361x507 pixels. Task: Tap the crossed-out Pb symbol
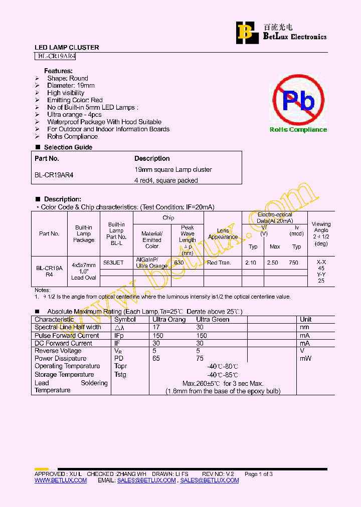(x=298, y=101)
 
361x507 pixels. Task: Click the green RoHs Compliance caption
(x=298, y=130)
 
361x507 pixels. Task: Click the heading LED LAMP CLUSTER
(x=67, y=48)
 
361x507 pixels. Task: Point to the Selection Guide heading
(x=68, y=147)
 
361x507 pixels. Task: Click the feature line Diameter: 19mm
(x=71, y=86)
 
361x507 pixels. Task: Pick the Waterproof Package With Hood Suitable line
(x=104, y=122)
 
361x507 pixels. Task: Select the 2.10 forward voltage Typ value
(x=250, y=263)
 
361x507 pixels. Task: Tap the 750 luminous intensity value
(x=293, y=263)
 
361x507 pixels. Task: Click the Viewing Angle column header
(x=321, y=233)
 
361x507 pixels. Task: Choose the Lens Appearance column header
(x=223, y=234)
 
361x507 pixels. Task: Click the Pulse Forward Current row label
(x=67, y=335)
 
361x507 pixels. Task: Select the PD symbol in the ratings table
(x=119, y=358)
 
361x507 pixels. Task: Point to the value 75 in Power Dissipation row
(x=200, y=358)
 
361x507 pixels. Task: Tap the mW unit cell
(x=305, y=358)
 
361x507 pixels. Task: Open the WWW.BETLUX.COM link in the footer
(x=61, y=480)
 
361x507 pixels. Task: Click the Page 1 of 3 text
(x=258, y=474)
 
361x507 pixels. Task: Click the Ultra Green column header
(x=213, y=319)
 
